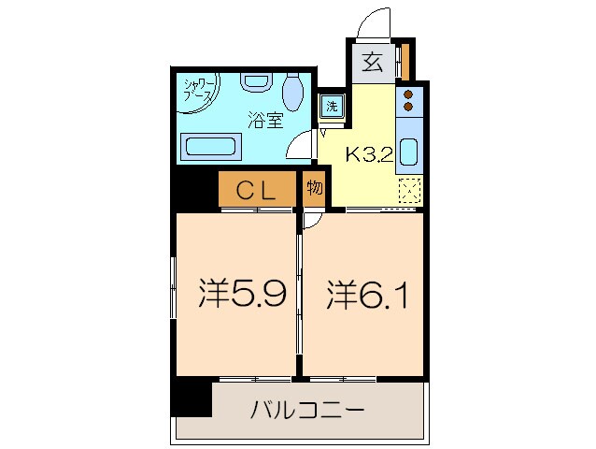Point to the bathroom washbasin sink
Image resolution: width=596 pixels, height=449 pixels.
pos(254,82)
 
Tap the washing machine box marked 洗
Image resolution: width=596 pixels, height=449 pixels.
pos(332,106)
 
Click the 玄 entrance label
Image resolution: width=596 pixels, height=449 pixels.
pos(372,64)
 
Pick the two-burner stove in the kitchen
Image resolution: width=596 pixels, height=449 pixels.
pos(407,100)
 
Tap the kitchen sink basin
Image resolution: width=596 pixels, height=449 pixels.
pos(409,152)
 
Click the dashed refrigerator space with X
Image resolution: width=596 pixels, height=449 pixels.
pos(408,190)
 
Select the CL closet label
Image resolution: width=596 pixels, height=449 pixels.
pos(255,191)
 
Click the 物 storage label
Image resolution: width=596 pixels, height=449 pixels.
pos(314,188)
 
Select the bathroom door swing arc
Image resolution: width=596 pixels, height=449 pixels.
pos(301,143)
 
